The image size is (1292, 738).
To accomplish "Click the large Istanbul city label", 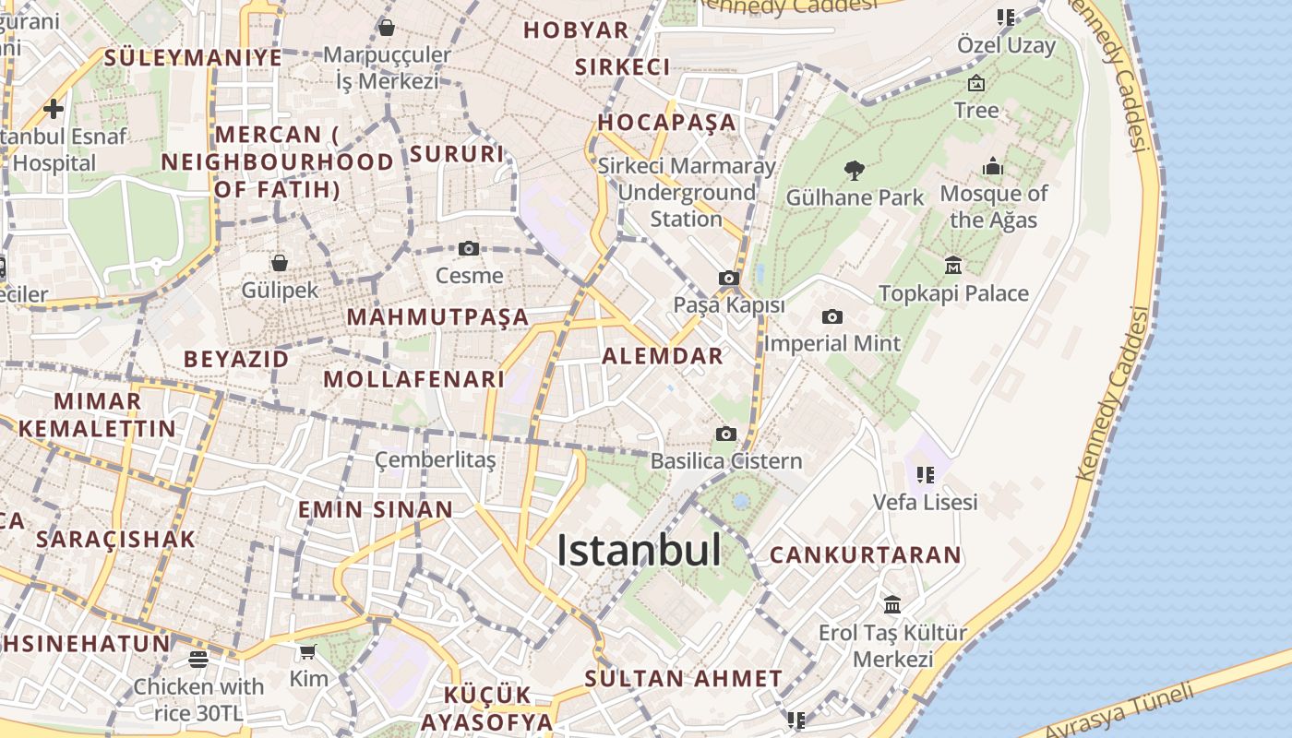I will [x=639, y=551].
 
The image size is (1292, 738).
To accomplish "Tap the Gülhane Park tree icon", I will [x=855, y=170].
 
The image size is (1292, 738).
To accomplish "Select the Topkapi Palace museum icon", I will [x=953, y=266].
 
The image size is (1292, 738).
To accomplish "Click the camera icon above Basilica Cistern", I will [x=726, y=434].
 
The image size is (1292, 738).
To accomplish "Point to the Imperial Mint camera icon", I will [x=831, y=317].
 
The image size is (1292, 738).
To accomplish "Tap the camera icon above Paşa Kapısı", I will [x=728, y=278].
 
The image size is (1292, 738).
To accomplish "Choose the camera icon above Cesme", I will [x=469, y=248].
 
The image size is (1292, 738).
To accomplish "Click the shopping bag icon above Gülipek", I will [x=280, y=263].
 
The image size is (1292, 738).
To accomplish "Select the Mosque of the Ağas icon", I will [x=993, y=167].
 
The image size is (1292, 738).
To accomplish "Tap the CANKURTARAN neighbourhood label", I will [x=866, y=555].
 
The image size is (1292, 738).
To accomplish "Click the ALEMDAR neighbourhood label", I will [x=663, y=356].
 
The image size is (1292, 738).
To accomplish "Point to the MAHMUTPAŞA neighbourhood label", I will [x=437, y=317].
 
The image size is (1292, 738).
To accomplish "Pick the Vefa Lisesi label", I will [x=926, y=503].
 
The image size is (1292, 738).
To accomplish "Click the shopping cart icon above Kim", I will [x=307, y=652].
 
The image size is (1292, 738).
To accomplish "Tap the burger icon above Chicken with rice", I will [x=198, y=659].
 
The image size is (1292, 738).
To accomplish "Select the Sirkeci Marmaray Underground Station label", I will [x=687, y=193].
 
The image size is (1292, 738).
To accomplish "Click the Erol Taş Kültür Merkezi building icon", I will [x=892, y=605].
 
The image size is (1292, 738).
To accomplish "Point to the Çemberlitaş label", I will [x=436, y=459].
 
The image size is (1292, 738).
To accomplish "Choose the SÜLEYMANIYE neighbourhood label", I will [x=193, y=57].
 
